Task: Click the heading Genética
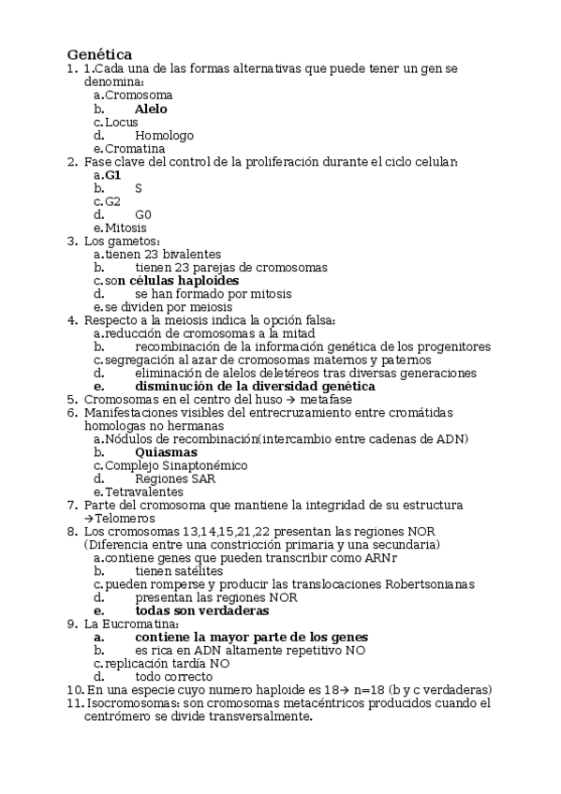click(x=98, y=54)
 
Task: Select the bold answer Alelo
click(x=152, y=109)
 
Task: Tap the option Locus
click(x=122, y=122)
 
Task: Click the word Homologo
click(x=164, y=135)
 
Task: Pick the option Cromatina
click(x=135, y=148)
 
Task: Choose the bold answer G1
click(x=113, y=175)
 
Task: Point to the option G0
click(x=143, y=214)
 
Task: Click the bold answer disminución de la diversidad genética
click(x=255, y=386)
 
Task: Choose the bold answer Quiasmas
click(x=166, y=451)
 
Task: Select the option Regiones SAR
click(x=169, y=478)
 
